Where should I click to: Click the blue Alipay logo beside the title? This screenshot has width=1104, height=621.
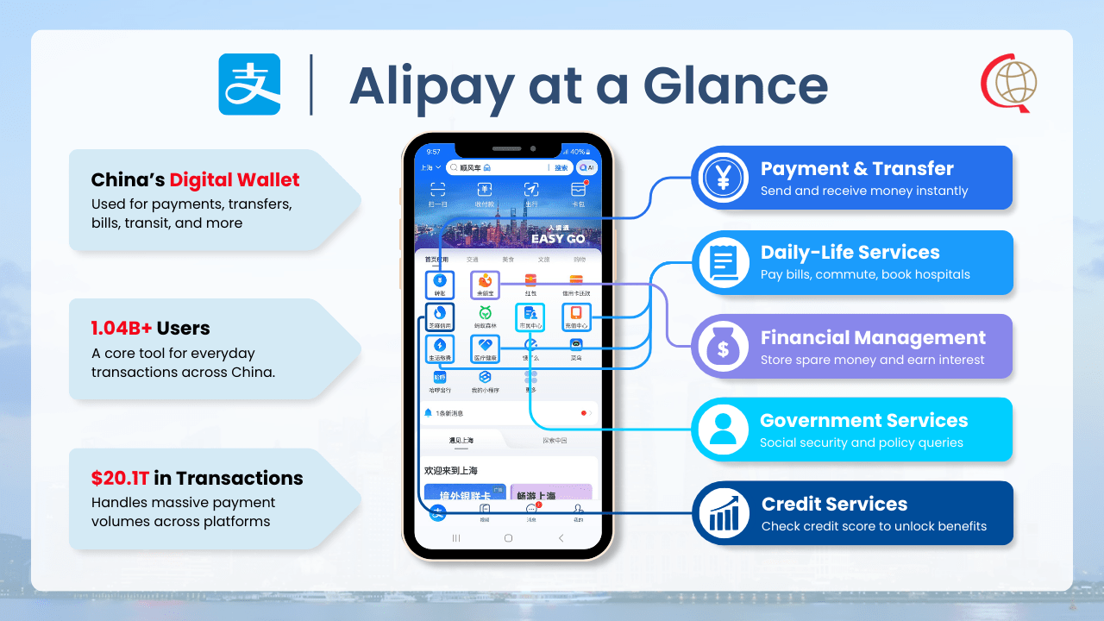pos(249,85)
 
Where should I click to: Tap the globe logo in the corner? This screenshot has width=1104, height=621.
pos(1010,84)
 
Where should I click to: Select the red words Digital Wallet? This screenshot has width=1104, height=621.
pos(235,180)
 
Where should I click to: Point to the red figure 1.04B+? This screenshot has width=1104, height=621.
pos(122,329)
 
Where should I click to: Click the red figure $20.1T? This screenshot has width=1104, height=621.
pos(121,479)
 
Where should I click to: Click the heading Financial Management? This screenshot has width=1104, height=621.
pos(873,337)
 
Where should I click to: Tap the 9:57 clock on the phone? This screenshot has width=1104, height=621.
pos(434,152)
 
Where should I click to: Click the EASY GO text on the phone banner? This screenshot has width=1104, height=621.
pos(558,238)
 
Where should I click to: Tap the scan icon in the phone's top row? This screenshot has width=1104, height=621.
pos(438,191)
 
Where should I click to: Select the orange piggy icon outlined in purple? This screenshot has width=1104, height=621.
pos(485,281)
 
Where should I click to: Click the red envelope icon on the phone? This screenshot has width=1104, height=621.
pos(530,279)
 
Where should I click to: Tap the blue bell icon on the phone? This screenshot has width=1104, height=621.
pos(429,413)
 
